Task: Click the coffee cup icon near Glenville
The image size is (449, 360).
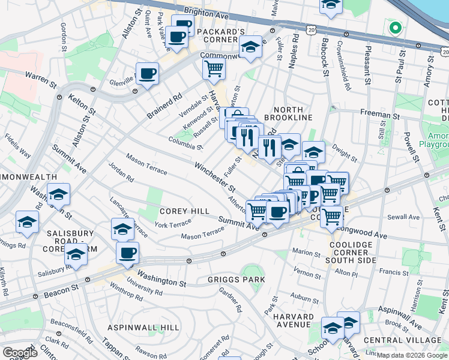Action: [x=147, y=74]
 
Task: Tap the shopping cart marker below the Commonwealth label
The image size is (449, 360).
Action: [x=213, y=69]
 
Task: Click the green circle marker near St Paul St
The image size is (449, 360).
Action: [x=395, y=28]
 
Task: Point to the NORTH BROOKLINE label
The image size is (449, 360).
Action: [x=293, y=113]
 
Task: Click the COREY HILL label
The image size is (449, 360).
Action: [x=184, y=211]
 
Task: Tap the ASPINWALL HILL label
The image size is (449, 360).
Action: [x=143, y=328]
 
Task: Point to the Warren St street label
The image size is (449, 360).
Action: [x=39, y=77]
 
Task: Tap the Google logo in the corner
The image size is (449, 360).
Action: [x=20, y=353]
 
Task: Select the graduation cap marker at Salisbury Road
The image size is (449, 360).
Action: [x=76, y=256]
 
